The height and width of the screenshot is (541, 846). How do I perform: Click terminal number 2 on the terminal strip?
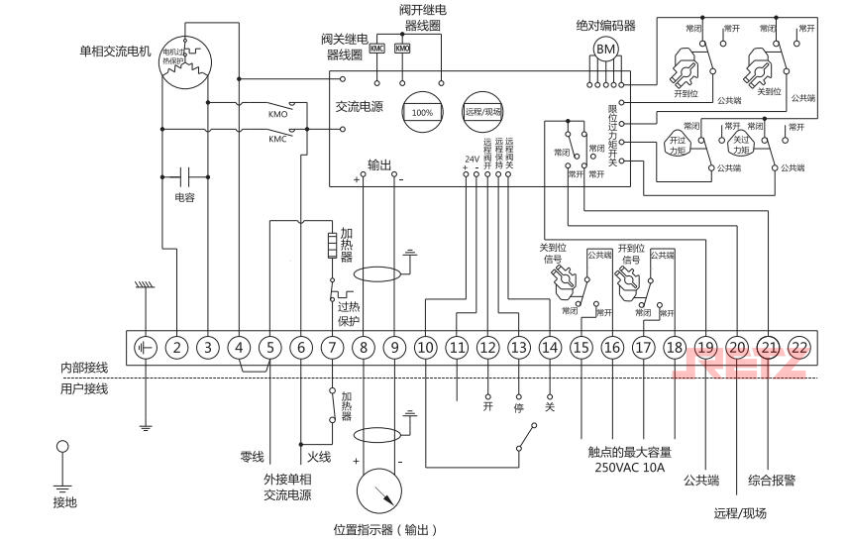pyautogui.click(x=176, y=348)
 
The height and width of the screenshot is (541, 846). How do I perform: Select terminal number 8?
pyautogui.click(x=364, y=348)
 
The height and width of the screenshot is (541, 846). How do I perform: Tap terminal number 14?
pyautogui.click(x=550, y=348)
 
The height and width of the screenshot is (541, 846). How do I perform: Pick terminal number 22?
pyautogui.click(x=800, y=348)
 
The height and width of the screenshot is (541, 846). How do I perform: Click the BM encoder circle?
pyautogui.click(x=604, y=49)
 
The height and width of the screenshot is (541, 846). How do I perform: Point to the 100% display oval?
pyautogui.click(x=422, y=112)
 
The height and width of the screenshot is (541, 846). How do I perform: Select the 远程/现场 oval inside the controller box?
pyautogui.click(x=483, y=112)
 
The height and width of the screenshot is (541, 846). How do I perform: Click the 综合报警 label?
pyautogui.click(x=773, y=480)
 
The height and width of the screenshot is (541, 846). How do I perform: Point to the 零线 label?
pyautogui.click(x=252, y=457)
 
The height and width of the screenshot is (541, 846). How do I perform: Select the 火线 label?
pyautogui.click(x=318, y=457)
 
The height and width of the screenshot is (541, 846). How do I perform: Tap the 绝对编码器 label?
pyautogui.click(x=605, y=25)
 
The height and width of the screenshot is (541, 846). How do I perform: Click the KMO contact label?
pyautogui.click(x=278, y=115)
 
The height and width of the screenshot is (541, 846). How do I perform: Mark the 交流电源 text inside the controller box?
pyautogui.click(x=360, y=105)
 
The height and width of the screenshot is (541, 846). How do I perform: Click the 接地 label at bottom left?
pyautogui.click(x=64, y=502)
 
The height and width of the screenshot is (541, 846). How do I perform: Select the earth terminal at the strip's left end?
pyautogui.click(x=146, y=348)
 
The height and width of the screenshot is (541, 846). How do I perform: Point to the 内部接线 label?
pyautogui.click(x=83, y=367)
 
